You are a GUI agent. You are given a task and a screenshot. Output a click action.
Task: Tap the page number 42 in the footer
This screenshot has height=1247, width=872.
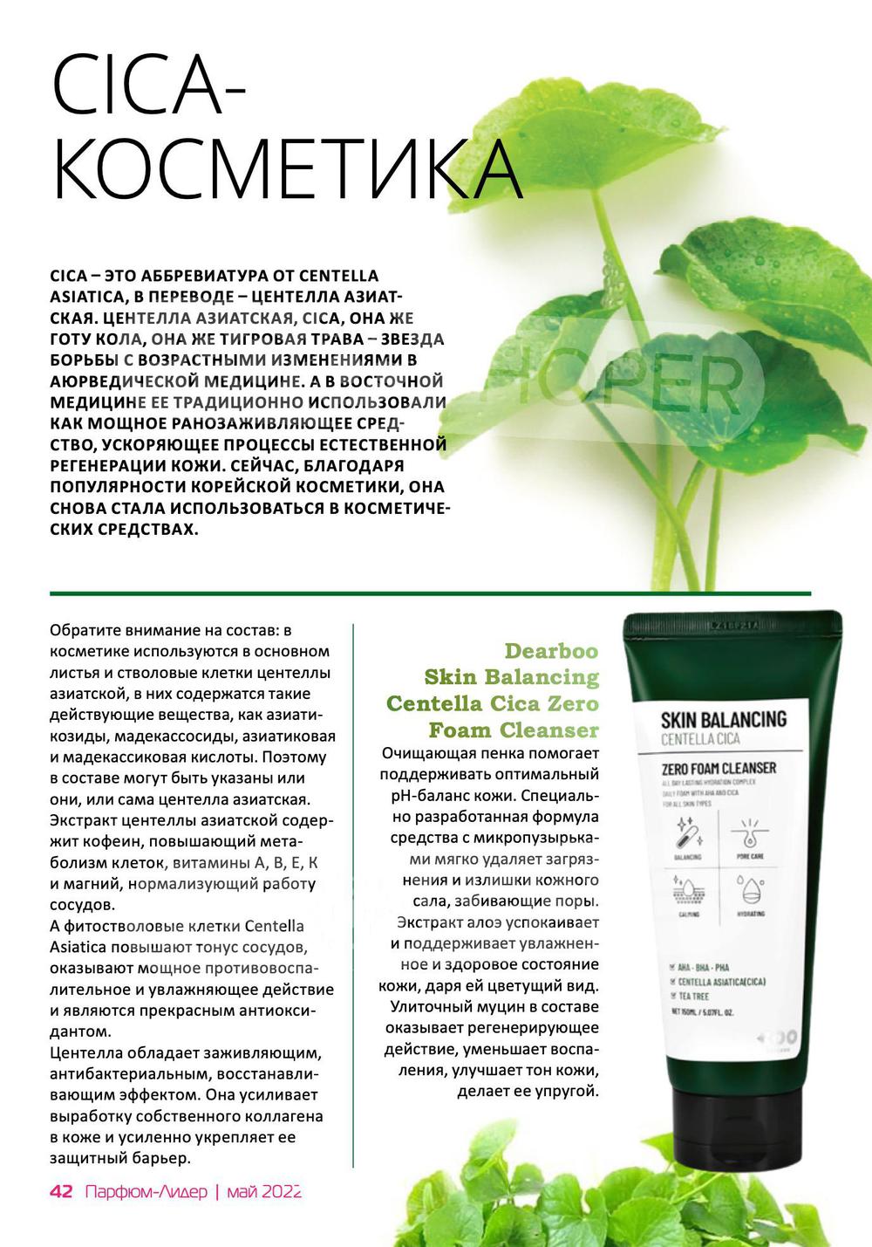tap(61, 1191)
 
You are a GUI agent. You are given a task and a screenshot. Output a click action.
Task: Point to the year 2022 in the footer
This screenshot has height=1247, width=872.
tap(281, 1191)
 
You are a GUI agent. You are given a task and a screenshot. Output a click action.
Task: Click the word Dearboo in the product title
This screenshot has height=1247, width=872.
tap(551, 651)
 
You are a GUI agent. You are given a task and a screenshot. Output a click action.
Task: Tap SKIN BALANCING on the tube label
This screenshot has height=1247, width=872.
tap(723, 720)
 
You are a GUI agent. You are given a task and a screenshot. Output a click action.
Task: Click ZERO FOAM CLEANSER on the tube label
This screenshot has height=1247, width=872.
tap(719, 768)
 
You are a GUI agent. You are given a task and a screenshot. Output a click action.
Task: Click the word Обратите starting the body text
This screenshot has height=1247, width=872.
tap(84, 630)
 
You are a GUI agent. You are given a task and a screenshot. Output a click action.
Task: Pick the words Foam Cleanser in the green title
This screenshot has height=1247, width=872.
tap(514, 730)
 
